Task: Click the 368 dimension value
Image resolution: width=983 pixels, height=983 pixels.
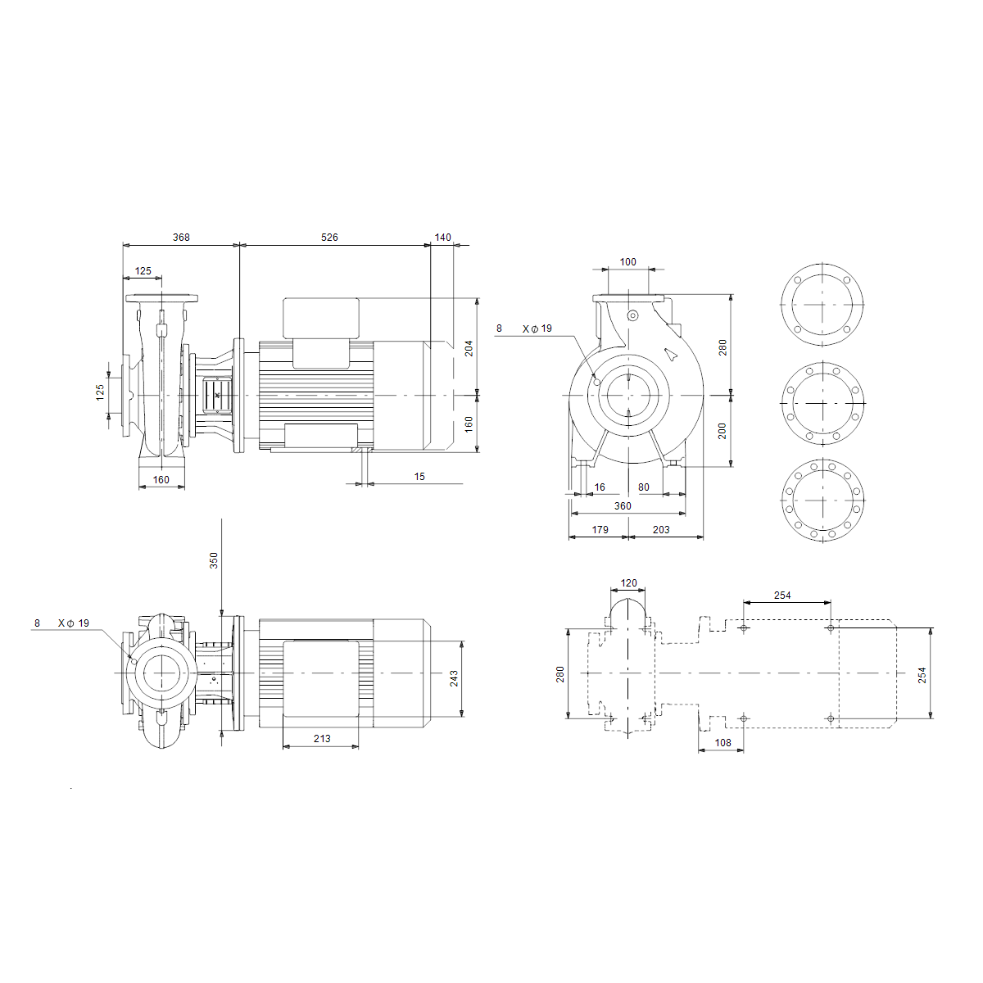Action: [x=181, y=238]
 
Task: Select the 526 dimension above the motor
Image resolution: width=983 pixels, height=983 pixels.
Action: [x=329, y=238]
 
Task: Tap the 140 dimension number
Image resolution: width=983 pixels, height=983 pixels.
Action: [x=443, y=238]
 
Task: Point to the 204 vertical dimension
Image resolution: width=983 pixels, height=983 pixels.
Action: [x=469, y=348]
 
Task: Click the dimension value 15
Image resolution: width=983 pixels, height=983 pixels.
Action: [x=419, y=477]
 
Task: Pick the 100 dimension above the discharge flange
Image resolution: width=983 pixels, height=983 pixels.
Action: [x=628, y=261]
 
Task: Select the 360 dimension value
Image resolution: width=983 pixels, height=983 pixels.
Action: [x=623, y=506]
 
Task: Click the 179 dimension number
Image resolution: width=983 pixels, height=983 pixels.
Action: [x=600, y=530]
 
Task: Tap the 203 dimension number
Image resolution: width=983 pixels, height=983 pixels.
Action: [x=661, y=530]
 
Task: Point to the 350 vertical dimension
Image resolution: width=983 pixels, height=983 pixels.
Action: [x=214, y=560]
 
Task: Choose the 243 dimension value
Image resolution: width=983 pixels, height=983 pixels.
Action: [x=454, y=678]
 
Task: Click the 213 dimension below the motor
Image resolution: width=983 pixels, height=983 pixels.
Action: [x=322, y=739]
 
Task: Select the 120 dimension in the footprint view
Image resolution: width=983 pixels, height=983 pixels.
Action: [x=628, y=583]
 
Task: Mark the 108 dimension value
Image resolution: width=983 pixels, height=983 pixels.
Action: [x=723, y=743]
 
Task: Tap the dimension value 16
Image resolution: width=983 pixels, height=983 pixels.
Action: [x=600, y=487]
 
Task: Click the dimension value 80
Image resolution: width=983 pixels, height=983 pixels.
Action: [x=644, y=487]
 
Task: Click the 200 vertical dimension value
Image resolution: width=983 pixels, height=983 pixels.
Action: [x=722, y=431]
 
